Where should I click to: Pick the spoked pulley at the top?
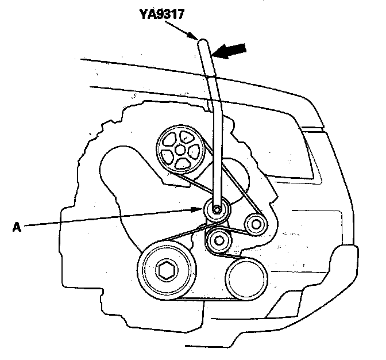click(179, 149)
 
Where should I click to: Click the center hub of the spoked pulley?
click(180, 150)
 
